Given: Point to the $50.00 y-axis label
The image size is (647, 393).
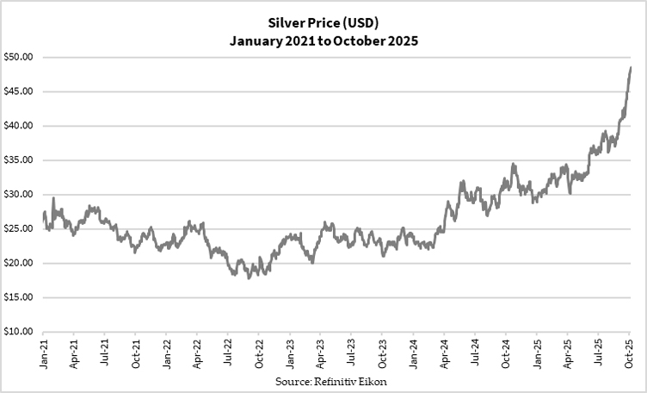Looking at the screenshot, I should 17,58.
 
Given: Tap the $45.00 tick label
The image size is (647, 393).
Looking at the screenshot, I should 17,91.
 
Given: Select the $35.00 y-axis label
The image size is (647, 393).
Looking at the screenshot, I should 17,160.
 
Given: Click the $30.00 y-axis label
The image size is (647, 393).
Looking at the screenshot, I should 17,195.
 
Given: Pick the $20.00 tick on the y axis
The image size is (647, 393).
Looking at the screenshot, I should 17,263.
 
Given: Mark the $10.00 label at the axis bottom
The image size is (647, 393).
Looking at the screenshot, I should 17,332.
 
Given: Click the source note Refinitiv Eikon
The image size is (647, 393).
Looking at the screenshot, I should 323,380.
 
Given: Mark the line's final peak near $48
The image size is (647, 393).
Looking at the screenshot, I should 631,67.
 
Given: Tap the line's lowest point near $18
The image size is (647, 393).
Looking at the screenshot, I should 249,278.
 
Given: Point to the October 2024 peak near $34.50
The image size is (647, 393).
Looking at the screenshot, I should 514,164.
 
